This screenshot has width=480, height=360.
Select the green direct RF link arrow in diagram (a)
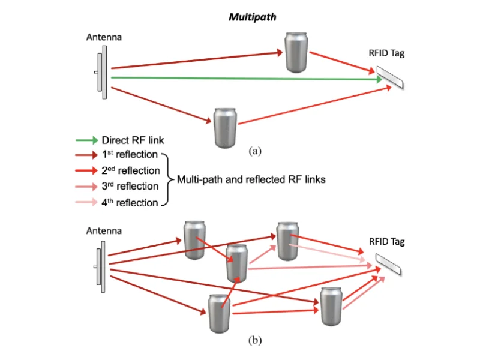[240, 78]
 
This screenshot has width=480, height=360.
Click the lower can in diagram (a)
[226, 126]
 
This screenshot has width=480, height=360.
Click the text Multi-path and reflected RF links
[250, 179]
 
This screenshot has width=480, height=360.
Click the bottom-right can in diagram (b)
[331, 306]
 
